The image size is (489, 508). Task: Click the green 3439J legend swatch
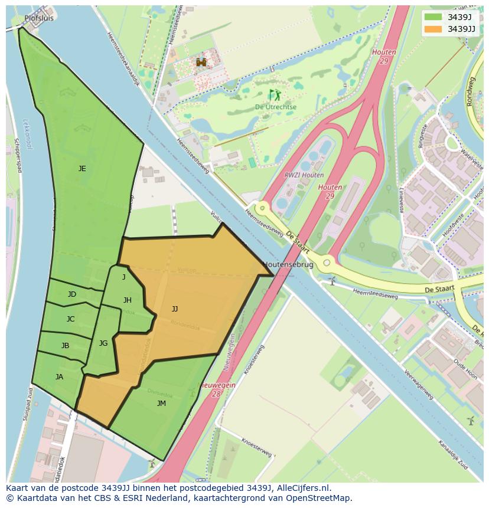(x=433, y=17)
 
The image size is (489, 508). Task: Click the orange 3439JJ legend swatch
(x=433, y=28)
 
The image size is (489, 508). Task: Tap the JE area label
(x=82, y=169)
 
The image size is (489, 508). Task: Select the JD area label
(x=71, y=294)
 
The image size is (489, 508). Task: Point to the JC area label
(x=70, y=319)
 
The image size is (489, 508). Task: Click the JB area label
(x=65, y=346)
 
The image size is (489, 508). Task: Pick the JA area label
(x=59, y=377)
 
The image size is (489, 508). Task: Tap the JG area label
(x=103, y=343)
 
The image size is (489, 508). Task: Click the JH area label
(x=127, y=300)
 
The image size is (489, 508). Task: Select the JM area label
(x=161, y=404)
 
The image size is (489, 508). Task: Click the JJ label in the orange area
(x=175, y=309)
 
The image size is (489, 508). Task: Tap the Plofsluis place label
(x=39, y=18)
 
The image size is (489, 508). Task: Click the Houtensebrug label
(x=288, y=265)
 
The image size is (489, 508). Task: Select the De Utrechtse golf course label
(x=276, y=107)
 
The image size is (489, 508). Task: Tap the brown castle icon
(x=201, y=62)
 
